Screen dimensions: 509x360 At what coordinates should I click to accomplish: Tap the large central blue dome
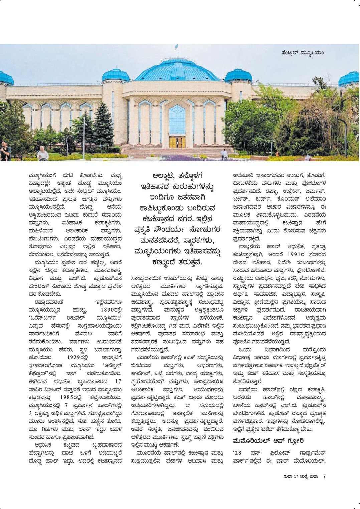tap(177, 70)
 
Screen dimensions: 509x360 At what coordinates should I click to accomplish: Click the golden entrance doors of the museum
tap(177, 142)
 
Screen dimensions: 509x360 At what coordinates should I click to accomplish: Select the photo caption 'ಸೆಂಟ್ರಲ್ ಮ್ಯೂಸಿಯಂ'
tap(303, 53)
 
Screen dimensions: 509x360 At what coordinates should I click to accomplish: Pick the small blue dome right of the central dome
tap(238, 76)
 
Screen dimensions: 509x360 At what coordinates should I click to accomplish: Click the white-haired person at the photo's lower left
tap(42, 153)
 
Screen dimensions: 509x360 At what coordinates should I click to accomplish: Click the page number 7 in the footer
tap(324, 476)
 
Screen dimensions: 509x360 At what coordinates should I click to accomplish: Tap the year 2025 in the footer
tap(313, 476)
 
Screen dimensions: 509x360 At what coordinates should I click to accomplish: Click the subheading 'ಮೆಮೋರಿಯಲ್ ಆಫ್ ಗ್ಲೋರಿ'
tap(268, 441)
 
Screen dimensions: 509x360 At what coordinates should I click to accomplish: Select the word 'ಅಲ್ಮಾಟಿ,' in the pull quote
tap(164, 176)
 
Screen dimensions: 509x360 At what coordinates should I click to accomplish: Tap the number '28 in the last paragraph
tap(237, 453)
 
